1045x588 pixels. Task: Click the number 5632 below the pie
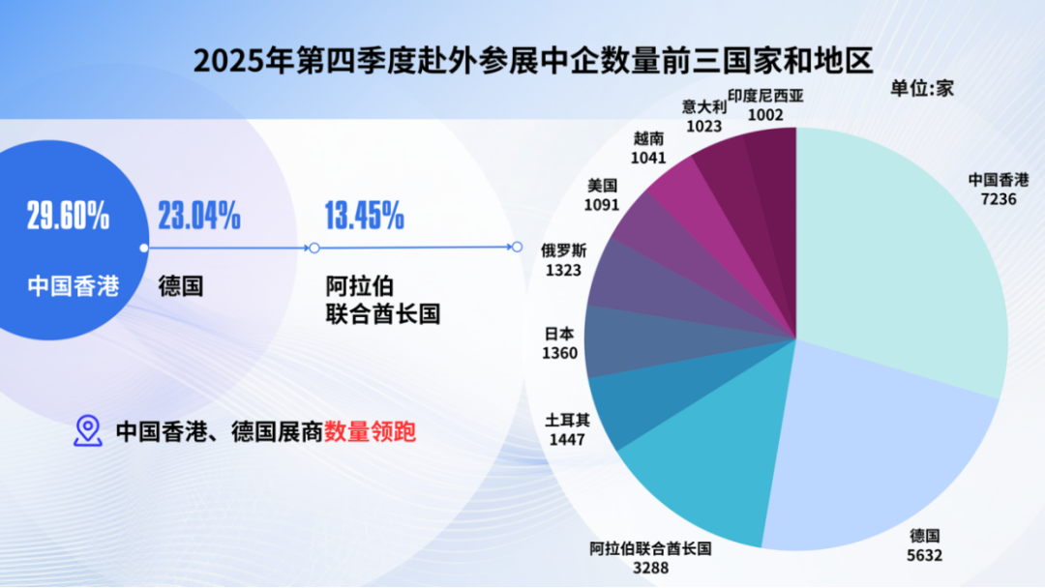tap(925, 555)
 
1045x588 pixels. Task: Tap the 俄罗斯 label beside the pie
tap(563, 250)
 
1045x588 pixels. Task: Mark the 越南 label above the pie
tap(648, 138)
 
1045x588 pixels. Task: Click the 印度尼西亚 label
tap(765, 96)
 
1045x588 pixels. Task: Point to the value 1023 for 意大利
tap(703, 126)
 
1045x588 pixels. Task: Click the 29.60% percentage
tap(68, 217)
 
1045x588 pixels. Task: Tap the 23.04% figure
tap(199, 217)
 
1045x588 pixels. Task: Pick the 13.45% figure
tap(364, 217)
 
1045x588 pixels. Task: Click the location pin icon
tap(88, 431)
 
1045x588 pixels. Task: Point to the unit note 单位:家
tap(923, 88)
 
